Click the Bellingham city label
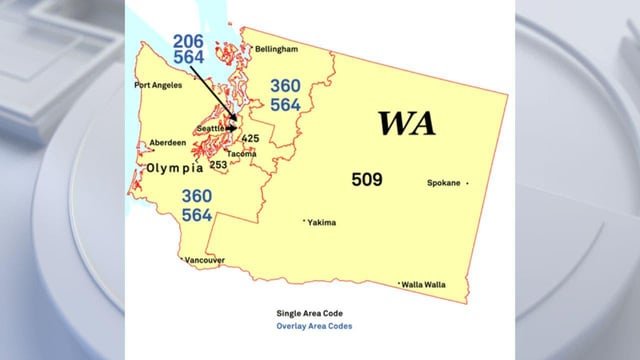point(277,48)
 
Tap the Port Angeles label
point(159,85)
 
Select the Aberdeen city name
point(167,143)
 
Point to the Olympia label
point(182,169)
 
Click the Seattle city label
point(210,128)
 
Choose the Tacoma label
point(242,154)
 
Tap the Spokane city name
point(443,183)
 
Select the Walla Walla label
point(424,285)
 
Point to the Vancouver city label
point(203,260)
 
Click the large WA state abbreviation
point(405,124)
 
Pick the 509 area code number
point(367,180)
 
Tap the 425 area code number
point(251,138)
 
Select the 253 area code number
point(218,165)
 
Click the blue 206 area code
point(190,40)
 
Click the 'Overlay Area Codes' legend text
point(314,326)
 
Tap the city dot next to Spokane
point(467,183)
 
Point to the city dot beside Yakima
point(304,221)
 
